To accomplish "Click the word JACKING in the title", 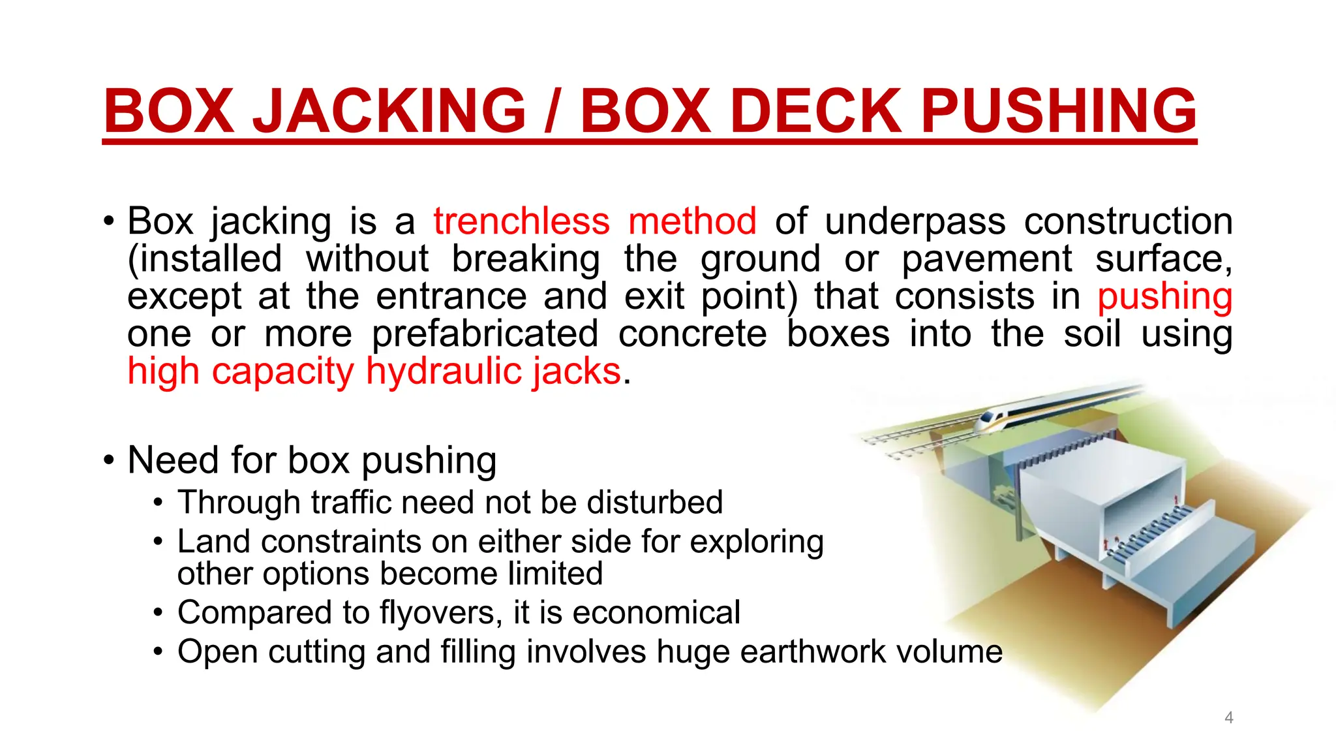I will point(389,110).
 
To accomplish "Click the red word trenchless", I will point(521,221).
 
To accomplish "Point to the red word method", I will point(692,221).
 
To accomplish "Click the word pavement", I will point(986,259).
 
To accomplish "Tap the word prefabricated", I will point(485,334).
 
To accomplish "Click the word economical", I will point(656,613).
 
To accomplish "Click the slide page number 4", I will point(1229,718).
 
